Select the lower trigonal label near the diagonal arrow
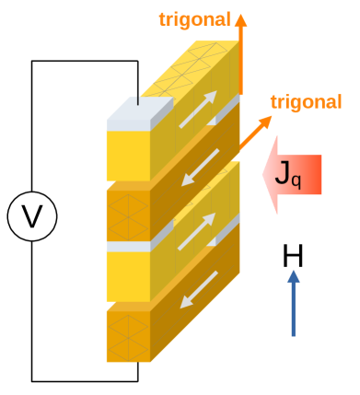coord(307,102)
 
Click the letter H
coord(293,255)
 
